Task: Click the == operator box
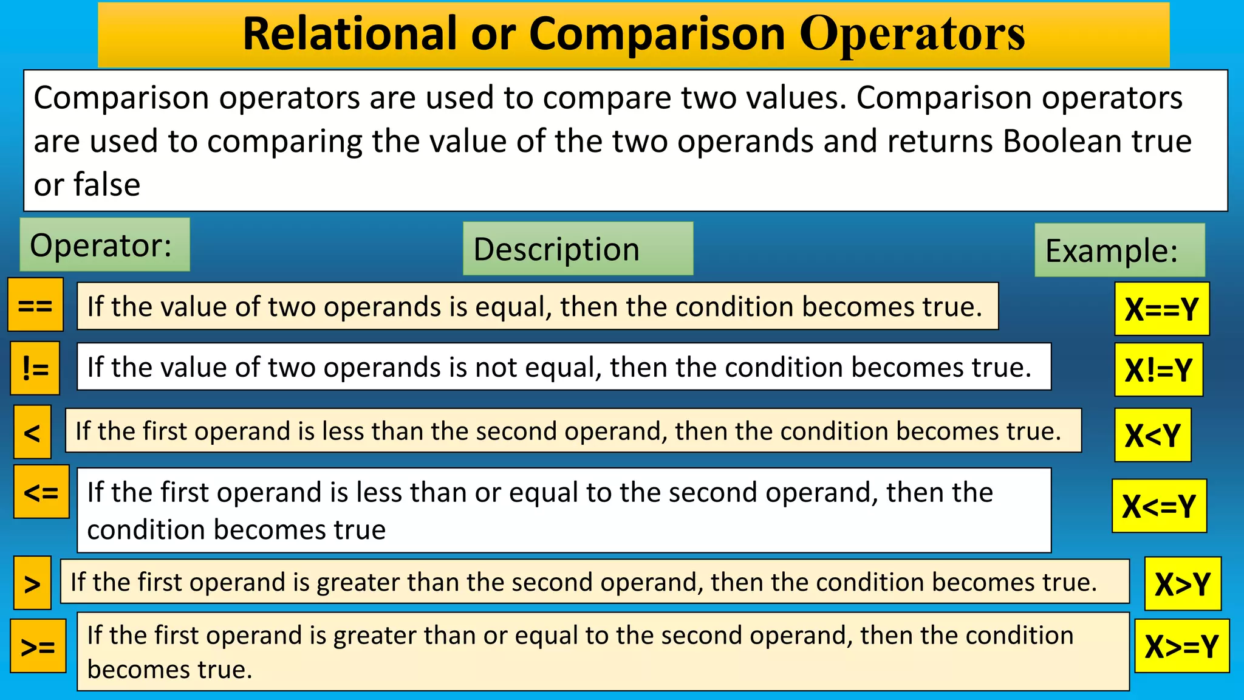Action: [35, 304]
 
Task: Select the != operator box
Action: [35, 368]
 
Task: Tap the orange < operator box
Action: [32, 432]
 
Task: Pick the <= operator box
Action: [41, 492]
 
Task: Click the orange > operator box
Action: [32, 583]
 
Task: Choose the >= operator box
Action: [38, 646]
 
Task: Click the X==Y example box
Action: [1161, 309]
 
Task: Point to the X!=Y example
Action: [1158, 369]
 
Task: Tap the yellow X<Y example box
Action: [1152, 435]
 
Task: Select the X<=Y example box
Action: [1159, 506]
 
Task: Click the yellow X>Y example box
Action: [1183, 583]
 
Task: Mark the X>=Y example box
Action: [1181, 646]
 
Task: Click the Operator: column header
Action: [104, 245]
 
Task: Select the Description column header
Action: [578, 249]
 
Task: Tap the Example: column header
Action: [1119, 250]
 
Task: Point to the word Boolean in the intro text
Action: [1062, 141]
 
